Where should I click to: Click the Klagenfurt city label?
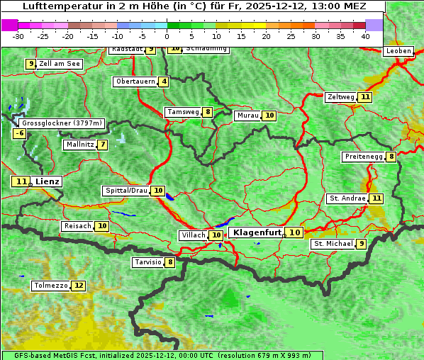pos(257,232)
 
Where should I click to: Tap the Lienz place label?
pos(48,181)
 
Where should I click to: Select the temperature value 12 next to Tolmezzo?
pos(78,286)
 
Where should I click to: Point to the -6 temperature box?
pos(20,133)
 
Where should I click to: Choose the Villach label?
pos(193,235)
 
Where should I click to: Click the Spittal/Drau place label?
pos(126,191)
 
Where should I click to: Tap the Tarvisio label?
pos(148,262)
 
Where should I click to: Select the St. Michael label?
pos(333,244)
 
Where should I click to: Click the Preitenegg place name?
pos(363,157)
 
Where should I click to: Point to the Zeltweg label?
pos(340,97)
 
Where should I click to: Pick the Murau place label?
pos(247,116)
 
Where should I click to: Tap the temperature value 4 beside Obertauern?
pos(164,81)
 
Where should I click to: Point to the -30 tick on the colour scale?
pos(18,35)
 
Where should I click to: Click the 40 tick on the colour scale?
pos(365,35)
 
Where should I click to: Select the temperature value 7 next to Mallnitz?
pos(103,145)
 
